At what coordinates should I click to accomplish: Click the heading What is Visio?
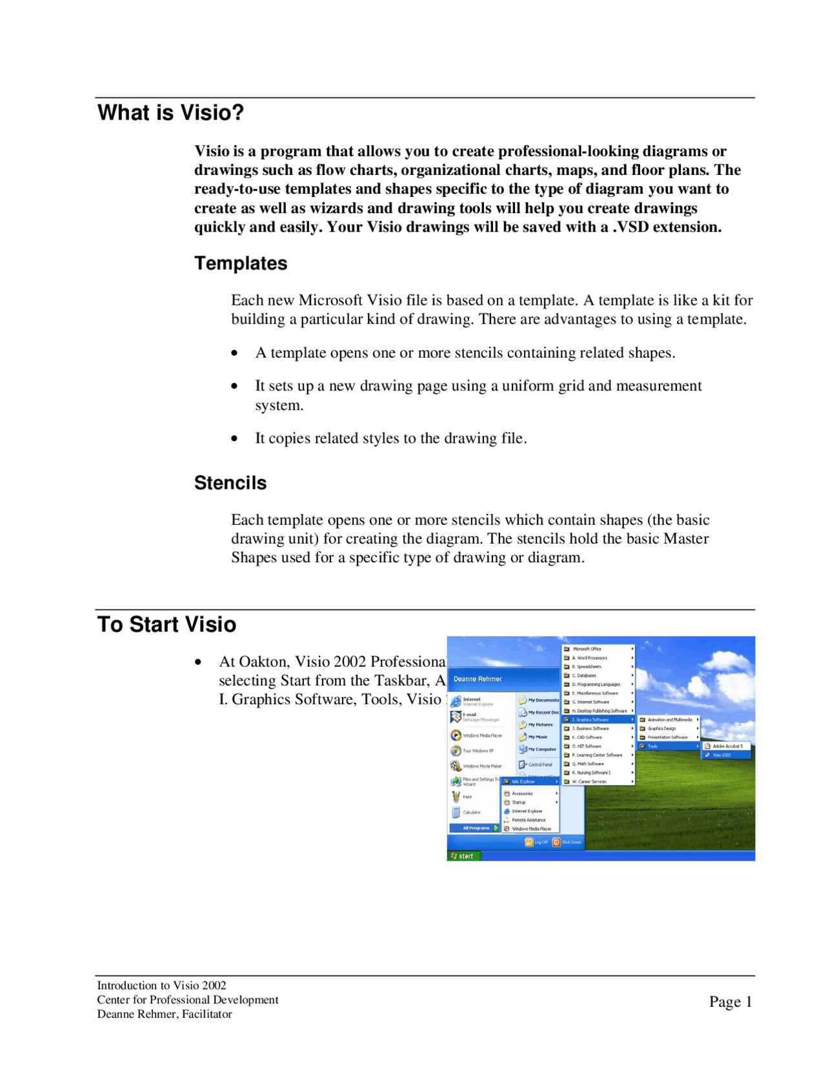171,113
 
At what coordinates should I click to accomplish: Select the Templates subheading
241,263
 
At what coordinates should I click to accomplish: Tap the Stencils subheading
230,483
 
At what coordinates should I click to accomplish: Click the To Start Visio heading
166,624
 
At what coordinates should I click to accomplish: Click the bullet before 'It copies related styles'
234,439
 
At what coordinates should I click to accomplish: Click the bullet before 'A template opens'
234,353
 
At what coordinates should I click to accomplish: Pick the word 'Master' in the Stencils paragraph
686,538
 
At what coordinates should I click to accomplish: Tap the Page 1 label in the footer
730,1001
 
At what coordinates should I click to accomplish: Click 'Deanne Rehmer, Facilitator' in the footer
165,1014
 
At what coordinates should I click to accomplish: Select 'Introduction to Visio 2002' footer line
161,986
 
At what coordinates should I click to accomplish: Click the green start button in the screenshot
463,856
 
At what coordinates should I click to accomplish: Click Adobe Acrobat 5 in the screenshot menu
727,746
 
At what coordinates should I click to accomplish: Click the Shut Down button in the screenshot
567,842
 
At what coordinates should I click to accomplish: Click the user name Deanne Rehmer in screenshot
478,679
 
